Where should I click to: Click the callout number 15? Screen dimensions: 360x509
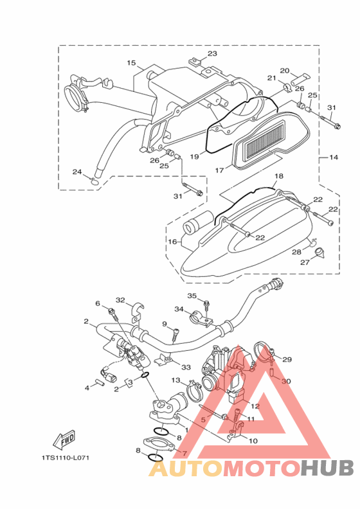132,62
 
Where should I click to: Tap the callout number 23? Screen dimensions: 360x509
212,53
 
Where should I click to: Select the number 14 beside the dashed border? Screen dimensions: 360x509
334,157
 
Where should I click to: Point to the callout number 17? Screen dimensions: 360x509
219,170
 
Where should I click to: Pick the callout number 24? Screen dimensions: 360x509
77,172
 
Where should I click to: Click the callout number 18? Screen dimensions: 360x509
279,176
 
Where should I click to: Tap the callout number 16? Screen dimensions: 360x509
172,242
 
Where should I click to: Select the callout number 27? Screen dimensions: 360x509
305,262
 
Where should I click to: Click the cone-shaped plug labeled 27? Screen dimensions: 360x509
321,253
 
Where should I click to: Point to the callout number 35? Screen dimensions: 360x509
192,296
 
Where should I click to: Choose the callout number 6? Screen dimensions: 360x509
97,303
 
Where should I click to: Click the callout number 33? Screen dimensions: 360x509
186,368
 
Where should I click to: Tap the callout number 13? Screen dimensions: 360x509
175,380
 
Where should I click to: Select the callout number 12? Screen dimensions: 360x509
255,406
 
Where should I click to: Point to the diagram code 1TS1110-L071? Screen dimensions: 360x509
65,458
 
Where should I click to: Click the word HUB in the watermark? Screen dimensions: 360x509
327,468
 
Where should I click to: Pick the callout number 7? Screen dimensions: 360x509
184,453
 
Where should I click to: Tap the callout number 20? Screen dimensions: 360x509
285,71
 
